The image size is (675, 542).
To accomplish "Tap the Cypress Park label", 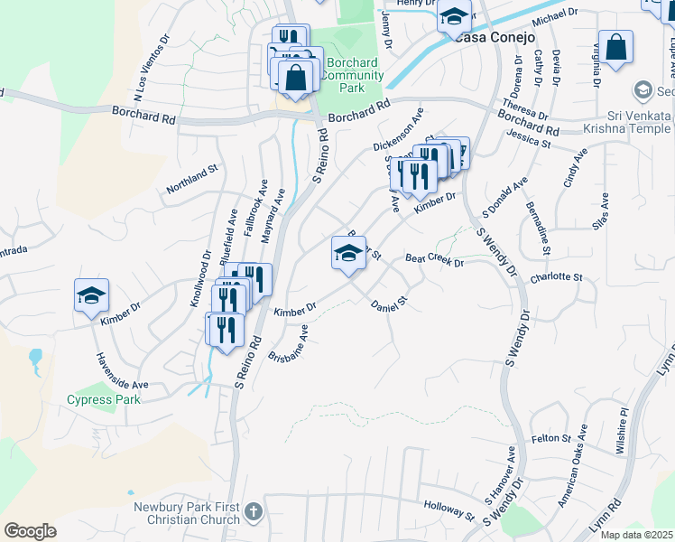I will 104,399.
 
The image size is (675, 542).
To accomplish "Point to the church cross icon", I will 254,512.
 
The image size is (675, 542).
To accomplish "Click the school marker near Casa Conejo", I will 455,17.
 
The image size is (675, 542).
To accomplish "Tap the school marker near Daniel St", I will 348,254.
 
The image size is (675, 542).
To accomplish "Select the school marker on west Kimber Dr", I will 91,296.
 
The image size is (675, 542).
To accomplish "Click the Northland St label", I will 192,179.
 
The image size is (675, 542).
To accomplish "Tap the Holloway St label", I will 448,510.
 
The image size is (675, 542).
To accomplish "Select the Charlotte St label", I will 557,277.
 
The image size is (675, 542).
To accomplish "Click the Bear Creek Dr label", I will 434,261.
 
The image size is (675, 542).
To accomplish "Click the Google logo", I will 30,531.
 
